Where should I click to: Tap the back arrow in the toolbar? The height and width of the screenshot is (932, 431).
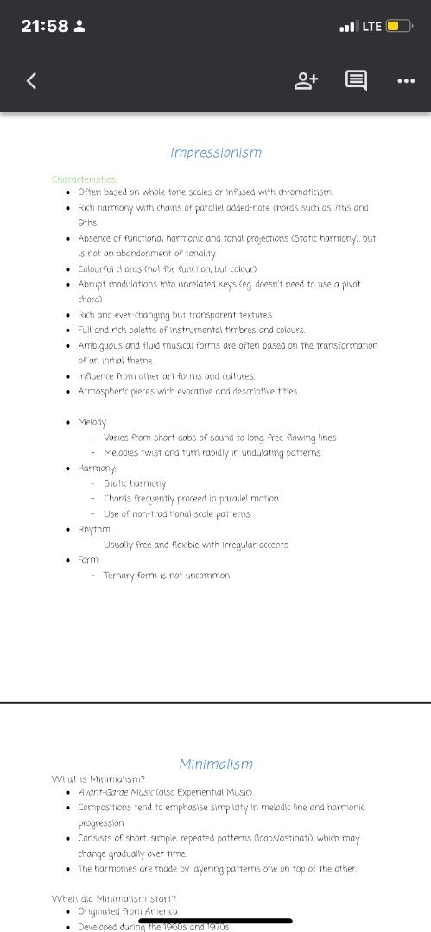pos(32,81)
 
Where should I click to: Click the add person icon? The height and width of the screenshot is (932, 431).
pos(306,81)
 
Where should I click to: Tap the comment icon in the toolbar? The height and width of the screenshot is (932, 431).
pos(356,81)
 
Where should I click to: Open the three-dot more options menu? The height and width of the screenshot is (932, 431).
pos(405,81)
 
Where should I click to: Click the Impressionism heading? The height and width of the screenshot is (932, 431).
pos(216,153)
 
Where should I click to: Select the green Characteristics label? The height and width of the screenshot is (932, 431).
pos(84,179)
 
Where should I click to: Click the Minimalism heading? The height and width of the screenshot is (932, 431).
pos(216,764)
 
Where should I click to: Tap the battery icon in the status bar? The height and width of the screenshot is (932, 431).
pos(399,26)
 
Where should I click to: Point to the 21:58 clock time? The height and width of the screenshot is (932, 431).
pos(45,26)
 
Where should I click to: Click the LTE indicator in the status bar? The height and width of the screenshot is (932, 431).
pos(371,26)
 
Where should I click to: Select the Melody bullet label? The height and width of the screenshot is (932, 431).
pos(93,422)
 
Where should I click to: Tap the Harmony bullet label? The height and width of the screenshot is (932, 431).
pos(98,468)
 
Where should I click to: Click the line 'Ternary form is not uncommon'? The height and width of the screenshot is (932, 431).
pos(167,575)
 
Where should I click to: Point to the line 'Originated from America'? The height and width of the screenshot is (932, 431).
pos(128,911)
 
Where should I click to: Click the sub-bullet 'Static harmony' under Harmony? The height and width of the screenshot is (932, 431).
pos(135,483)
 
